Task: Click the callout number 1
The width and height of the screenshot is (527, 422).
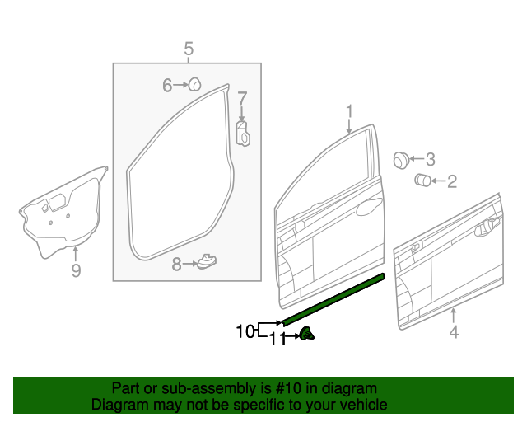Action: [x=348, y=110]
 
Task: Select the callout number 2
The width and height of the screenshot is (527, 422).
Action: [x=451, y=181]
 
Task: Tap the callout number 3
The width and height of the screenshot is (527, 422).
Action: [x=429, y=159]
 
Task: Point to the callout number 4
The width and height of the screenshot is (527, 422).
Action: [x=453, y=333]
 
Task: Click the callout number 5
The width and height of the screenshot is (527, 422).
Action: [x=188, y=49]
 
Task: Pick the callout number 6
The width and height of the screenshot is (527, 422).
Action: [x=167, y=84]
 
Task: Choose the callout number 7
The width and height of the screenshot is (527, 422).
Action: [x=242, y=99]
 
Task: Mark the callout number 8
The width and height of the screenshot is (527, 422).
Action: [x=176, y=264]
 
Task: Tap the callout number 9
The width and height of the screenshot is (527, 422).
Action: [x=76, y=270]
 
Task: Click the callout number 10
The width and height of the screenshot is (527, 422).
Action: [x=245, y=331]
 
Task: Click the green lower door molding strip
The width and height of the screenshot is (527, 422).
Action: [x=333, y=300]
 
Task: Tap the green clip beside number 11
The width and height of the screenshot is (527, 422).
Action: [x=306, y=334]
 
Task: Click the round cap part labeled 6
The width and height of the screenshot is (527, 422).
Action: [x=196, y=83]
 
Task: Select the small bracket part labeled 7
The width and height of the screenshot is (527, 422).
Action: [x=243, y=134]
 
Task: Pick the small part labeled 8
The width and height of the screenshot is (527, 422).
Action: [x=207, y=262]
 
